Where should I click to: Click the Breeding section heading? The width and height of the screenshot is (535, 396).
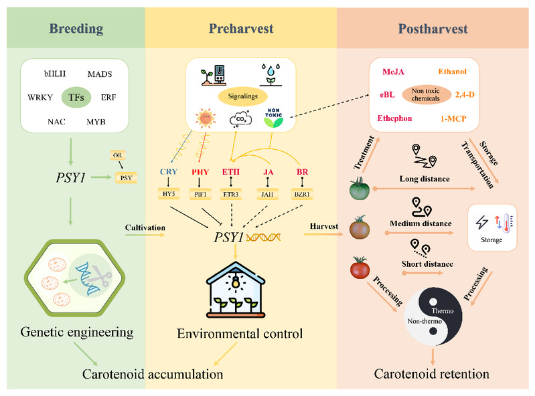coord(76,29)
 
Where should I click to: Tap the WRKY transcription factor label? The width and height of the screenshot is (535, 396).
coord(42,97)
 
